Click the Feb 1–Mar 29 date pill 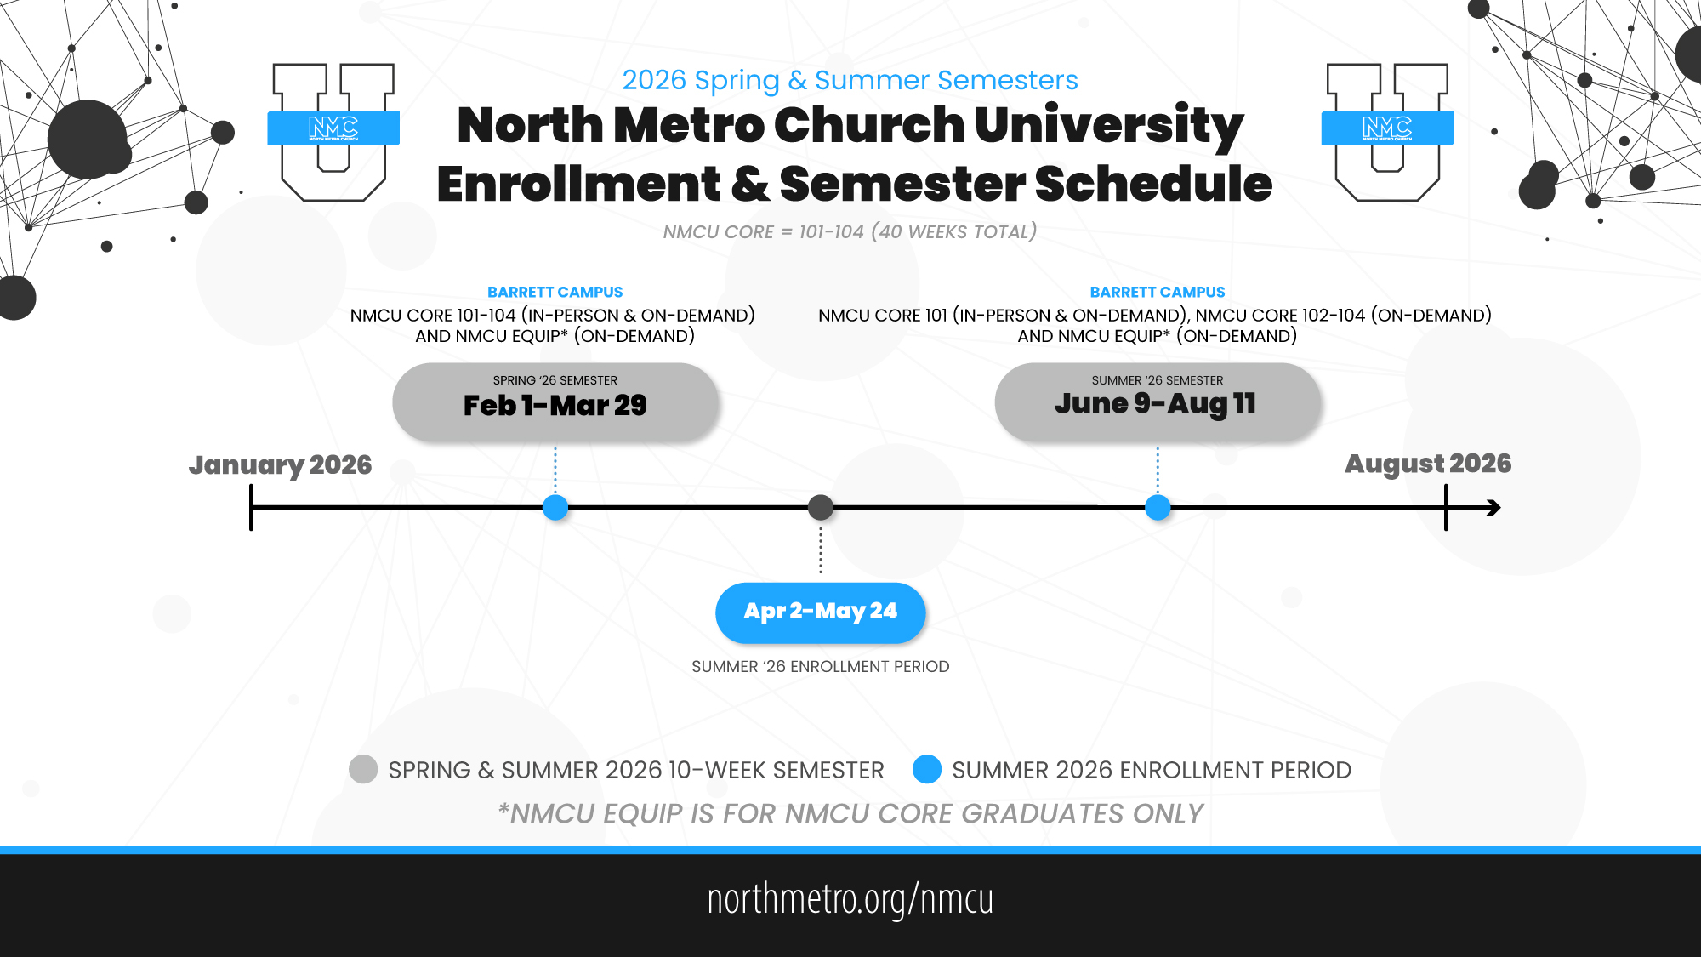click(x=555, y=402)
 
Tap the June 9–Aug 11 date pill click(x=1158, y=402)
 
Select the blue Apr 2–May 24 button click(x=821, y=612)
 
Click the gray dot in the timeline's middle click(x=821, y=508)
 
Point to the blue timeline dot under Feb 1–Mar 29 click(x=555, y=508)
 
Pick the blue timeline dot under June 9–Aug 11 click(x=1158, y=508)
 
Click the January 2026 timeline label click(x=281, y=465)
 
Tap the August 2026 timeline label click(x=1428, y=464)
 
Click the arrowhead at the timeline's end click(x=1493, y=508)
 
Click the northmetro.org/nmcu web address click(x=850, y=899)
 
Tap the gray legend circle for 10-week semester click(x=363, y=769)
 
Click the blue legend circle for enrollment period click(x=927, y=769)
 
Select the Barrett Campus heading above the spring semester click(x=555, y=292)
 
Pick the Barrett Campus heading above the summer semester click(x=1158, y=292)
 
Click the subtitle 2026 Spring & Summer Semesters click(x=850, y=80)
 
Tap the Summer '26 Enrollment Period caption click(x=821, y=667)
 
